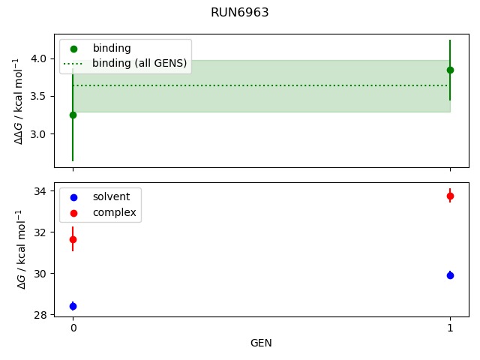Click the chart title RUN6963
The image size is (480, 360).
(x=239, y=13)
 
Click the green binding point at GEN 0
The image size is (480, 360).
(x=73, y=115)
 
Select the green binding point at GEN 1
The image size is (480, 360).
(x=450, y=70)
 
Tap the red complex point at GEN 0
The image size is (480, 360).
(x=73, y=239)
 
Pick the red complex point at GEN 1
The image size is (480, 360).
(x=450, y=196)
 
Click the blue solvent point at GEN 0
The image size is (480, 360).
(x=73, y=306)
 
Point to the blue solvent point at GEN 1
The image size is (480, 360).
(x=450, y=275)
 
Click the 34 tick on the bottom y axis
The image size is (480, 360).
(x=40, y=191)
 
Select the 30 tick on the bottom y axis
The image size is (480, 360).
(x=40, y=274)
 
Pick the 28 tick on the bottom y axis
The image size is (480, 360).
(x=40, y=315)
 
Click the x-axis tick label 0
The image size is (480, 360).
(x=73, y=328)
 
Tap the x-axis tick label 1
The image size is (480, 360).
(x=450, y=328)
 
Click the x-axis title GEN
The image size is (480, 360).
(x=261, y=343)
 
